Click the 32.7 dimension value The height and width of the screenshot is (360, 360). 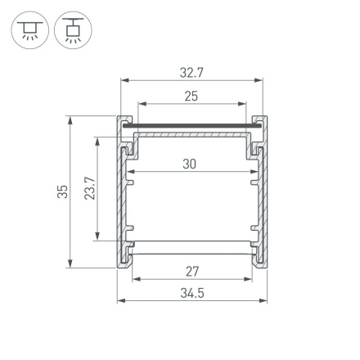click(x=191, y=72)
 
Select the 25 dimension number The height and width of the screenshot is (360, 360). click(x=191, y=96)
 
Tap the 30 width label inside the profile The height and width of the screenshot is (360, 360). click(x=190, y=164)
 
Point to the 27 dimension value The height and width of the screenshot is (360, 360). click(x=191, y=270)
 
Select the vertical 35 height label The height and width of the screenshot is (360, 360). click(x=63, y=192)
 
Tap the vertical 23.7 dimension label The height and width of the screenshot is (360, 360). click(x=90, y=189)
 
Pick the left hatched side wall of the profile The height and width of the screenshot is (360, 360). click(x=124, y=196)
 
